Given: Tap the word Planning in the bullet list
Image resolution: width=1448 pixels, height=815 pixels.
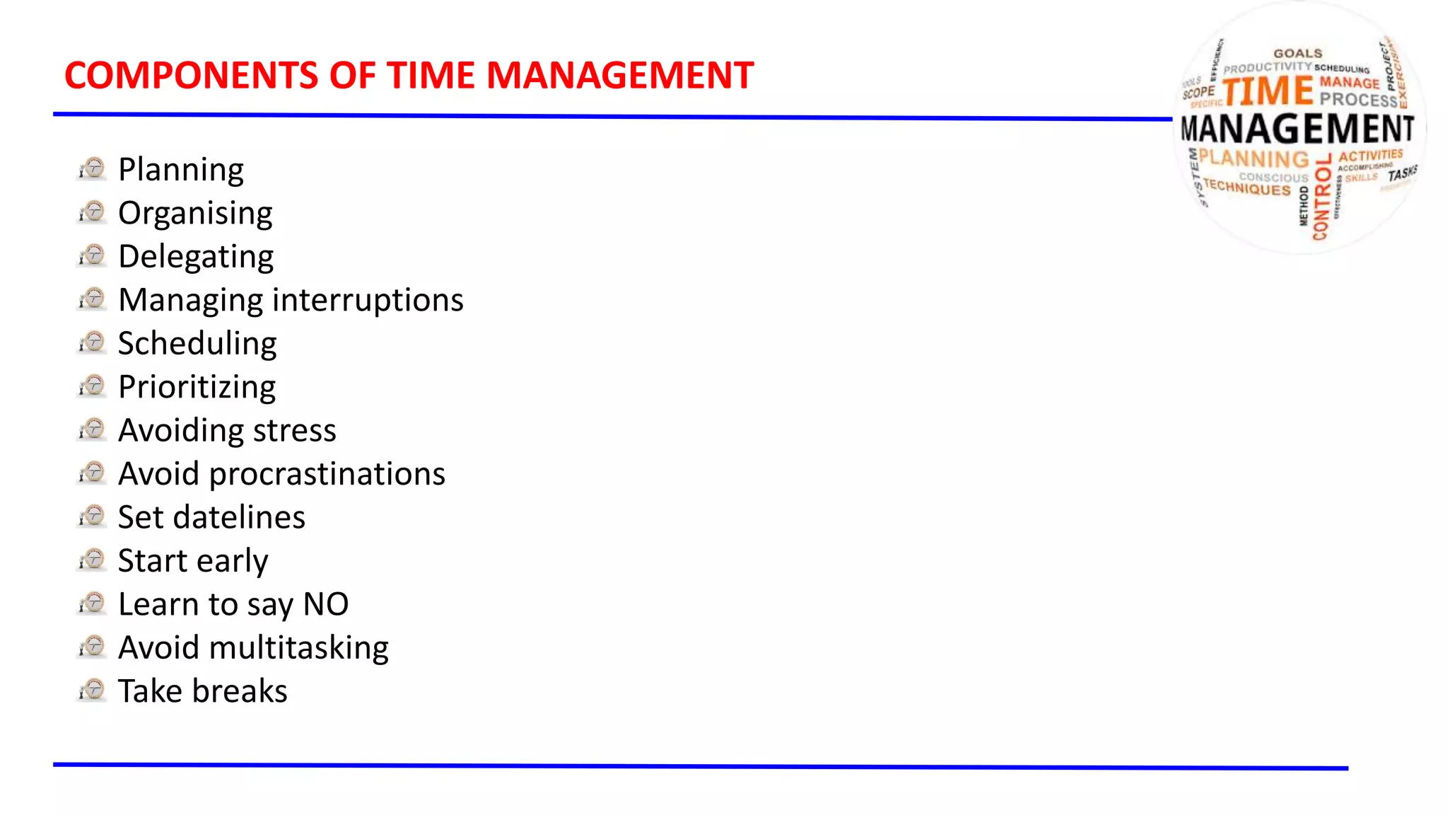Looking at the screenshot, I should coord(181,170).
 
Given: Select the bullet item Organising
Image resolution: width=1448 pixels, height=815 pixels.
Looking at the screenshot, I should coord(195,213).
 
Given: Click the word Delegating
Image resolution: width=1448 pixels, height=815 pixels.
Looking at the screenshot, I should coord(196,257).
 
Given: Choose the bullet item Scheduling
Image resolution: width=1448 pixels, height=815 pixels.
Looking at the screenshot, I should coord(197,344).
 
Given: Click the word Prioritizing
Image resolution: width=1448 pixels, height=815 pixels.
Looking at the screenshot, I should coord(197,388).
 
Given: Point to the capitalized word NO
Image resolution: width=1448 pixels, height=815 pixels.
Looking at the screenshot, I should coord(326,604).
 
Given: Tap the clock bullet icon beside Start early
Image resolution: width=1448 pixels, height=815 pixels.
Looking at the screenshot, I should coord(92,560).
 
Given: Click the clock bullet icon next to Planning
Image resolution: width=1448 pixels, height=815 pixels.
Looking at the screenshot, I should coord(92,168).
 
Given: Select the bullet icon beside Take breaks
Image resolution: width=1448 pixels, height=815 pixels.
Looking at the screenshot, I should coord(92,690).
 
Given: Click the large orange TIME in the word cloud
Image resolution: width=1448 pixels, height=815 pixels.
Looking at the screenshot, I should coord(1268,92).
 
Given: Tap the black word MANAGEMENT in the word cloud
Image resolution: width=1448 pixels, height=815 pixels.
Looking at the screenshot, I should coord(1297,129).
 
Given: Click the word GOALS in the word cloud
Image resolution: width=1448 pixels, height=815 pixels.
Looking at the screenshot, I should coord(1297,53).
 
